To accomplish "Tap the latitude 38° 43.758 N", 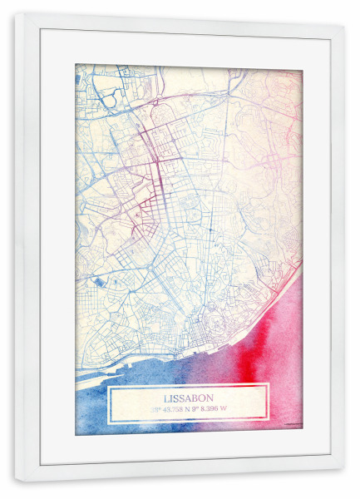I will [x=170, y=409].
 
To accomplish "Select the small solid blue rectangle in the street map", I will [x=101, y=284].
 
